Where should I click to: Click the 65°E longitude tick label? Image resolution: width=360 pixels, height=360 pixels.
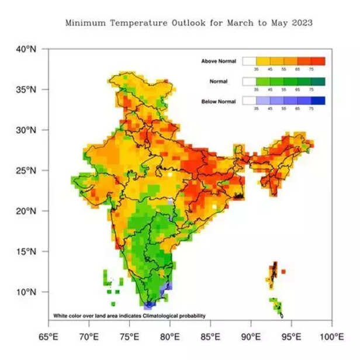click(49, 337)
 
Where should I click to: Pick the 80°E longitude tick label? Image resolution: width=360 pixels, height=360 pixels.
click(169, 337)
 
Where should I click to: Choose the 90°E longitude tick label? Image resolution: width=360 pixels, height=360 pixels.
click(251, 337)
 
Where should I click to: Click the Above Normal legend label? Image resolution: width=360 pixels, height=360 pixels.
click(219, 61)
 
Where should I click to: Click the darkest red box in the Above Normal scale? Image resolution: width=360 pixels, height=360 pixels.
click(318, 61)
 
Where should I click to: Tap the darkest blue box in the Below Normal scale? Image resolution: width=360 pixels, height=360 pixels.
click(318, 101)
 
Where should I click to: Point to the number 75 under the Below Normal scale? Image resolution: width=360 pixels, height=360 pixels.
click(311, 109)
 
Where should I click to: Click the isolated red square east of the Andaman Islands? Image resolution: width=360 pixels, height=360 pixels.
click(283, 272)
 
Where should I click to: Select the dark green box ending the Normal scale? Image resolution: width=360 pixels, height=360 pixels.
click(318, 81)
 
